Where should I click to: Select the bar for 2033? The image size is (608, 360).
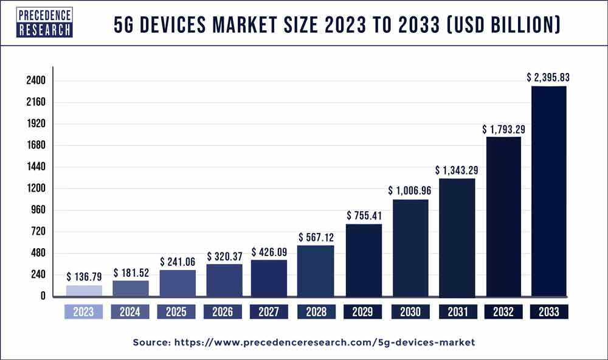pos(548,191)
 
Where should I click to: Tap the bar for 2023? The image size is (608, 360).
pos(84,291)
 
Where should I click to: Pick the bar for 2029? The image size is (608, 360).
pos(364,260)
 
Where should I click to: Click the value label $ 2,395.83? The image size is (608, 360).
pos(548,78)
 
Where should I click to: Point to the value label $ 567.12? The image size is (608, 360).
pos(316,237)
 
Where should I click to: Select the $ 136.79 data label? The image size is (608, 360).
pos(85,277)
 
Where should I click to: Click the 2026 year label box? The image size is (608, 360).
pos(223,312)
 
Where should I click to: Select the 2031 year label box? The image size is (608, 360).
pos(457,312)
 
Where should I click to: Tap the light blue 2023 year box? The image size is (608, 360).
pos(84,312)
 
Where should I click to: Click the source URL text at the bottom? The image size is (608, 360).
pos(303,342)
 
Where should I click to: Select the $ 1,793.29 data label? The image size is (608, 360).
pos(503,129)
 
